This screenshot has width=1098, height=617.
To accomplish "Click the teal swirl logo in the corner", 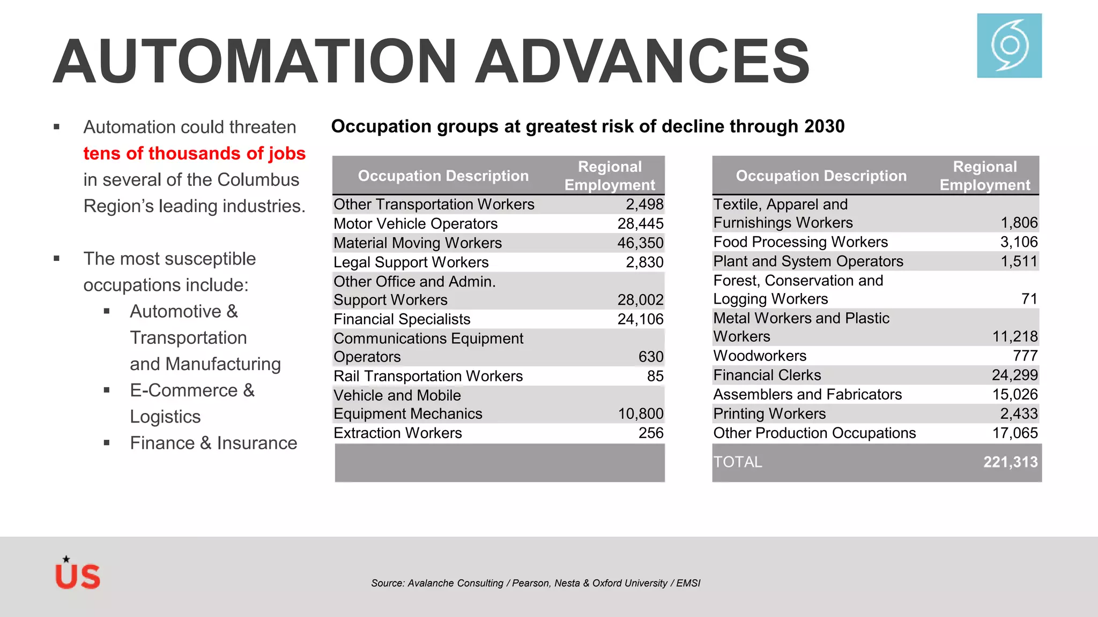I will pyautogui.click(x=1009, y=46).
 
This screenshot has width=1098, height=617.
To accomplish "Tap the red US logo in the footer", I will pyautogui.click(x=78, y=574).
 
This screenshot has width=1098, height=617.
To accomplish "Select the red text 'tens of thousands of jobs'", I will pyautogui.click(x=194, y=154).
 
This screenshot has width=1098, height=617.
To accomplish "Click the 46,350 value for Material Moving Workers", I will pyautogui.click(x=640, y=243).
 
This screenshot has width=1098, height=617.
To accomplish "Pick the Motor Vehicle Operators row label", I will pyautogui.click(x=416, y=224).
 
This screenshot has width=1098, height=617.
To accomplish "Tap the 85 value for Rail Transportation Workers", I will pyautogui.click(x=655, y=376).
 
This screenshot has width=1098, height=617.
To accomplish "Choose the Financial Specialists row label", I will pyautogui.click(x=402, y=319).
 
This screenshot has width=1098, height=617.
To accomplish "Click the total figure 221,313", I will pyautogui.click(x=1010, y=462).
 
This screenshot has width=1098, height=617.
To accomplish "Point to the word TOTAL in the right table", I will pyautogui.click(x=738, y=462).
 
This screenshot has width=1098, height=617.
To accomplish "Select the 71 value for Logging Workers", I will pyautogui.click(x=1029, y=299).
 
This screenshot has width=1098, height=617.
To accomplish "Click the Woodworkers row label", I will pyautogui.click(x=760, y=356).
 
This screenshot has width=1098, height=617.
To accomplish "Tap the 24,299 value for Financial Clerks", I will pyautogui.click(x=1014, y=375).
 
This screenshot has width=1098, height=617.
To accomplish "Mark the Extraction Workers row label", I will pyautogui.click(x=397, y=433).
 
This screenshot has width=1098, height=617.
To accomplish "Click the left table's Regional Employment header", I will pyautogui.click(x=610, y=176).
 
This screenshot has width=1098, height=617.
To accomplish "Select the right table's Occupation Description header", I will pyautogui.click(x=821, y=176).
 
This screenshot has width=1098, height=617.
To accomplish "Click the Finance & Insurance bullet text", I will pyautogui.click(x=213, y=443).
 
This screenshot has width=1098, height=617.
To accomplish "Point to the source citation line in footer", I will pyautogui.click(x=536, y=583).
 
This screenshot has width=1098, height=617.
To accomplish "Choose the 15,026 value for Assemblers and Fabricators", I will pyautogui.click(x=1014, y=394).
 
